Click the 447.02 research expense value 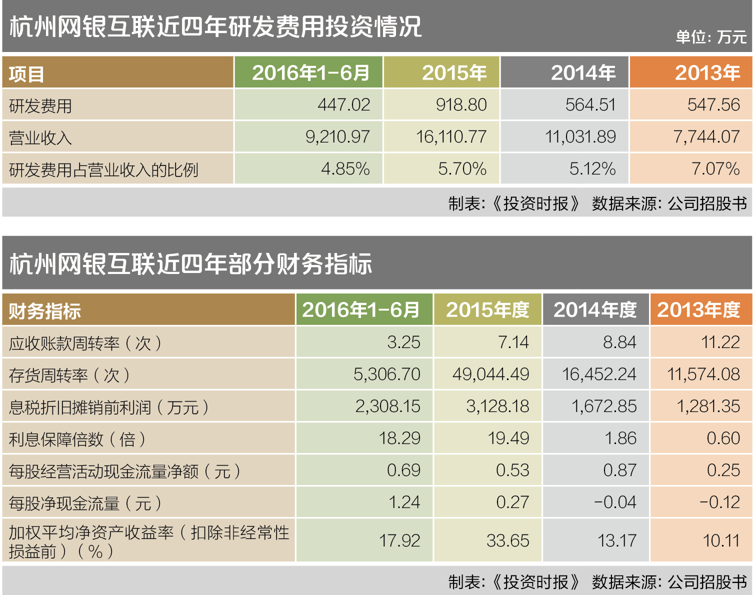(343, 105)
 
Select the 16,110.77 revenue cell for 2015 (451, 137)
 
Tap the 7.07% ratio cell (715, 169)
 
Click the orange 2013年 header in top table (707, 73)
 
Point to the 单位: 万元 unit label (710, 37)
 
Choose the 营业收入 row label (40, 137)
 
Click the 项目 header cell (26, 74)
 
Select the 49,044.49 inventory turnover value (490, 374)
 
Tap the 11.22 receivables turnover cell (720, 342)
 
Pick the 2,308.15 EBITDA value (387, 406)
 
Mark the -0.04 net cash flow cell (615, 502)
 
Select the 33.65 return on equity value (507, 541)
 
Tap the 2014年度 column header (595, 310)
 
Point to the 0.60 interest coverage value (723, 438)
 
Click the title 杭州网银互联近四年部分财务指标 (190, 263)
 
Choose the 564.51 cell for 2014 (590, 105)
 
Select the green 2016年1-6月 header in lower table (360, 310)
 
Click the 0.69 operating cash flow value (403, 470)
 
